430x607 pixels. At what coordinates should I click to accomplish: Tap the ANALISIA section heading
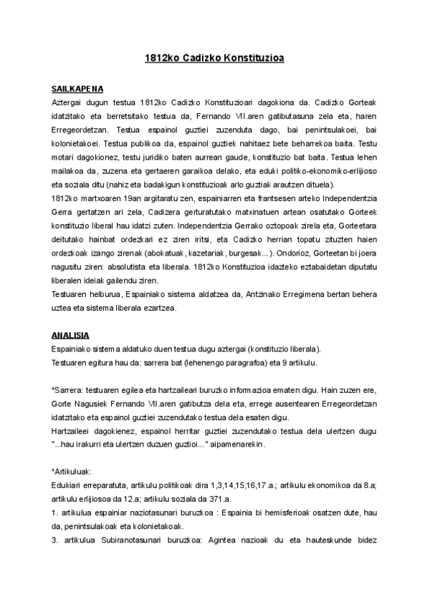coord(70,334)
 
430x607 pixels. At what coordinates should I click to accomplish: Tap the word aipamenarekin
coord(237,443)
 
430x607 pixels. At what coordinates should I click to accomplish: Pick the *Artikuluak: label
coord(72,472)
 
